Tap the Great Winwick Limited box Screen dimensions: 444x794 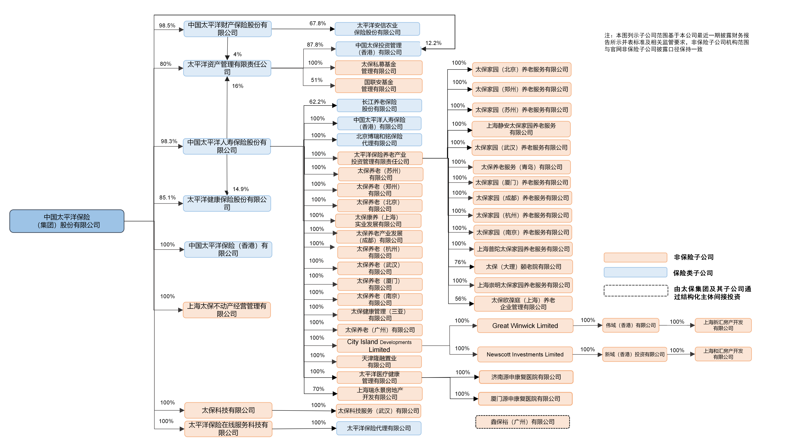525,326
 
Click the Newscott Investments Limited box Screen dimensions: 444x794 525,354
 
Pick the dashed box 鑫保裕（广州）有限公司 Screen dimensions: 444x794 522,422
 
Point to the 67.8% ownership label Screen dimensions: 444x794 317,23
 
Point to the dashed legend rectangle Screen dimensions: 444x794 636,291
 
